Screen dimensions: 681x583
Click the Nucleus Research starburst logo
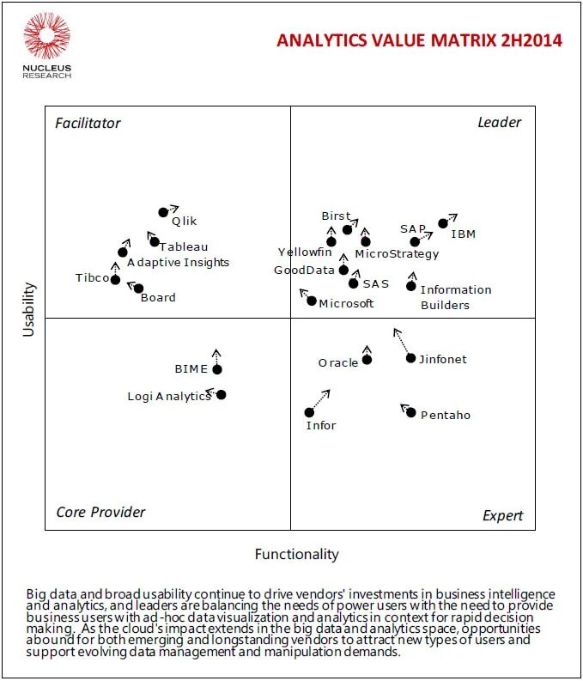46,36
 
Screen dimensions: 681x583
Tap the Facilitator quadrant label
88,123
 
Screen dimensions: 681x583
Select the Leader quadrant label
499,122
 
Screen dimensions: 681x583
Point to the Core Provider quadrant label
100,512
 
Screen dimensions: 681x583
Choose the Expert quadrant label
502,515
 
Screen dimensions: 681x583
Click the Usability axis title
28,308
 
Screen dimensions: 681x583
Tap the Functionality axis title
296,554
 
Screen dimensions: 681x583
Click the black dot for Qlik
163,212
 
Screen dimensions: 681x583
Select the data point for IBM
443,223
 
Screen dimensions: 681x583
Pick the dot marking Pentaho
411,413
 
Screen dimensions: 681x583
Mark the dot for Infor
309,412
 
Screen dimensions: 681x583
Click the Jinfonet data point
410,358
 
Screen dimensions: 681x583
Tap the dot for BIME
217,369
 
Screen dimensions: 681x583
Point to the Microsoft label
346,303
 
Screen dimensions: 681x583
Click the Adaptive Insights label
178,262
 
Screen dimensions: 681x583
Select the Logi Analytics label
168,396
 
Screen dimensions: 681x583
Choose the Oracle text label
337,362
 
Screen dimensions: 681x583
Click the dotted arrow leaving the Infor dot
320,399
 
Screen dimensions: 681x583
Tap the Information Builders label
455,297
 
